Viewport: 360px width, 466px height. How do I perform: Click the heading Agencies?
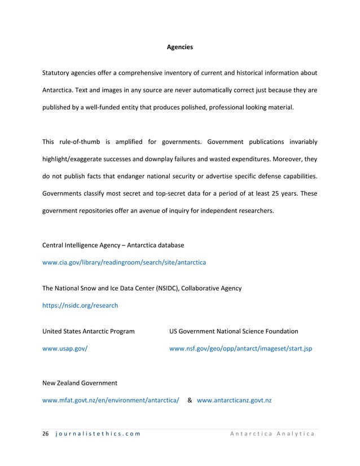coord(180,47)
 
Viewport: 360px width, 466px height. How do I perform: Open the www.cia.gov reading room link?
coord(124,263)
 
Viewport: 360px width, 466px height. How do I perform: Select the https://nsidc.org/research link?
coord(80,305)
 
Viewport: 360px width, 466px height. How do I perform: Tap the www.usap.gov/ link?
coord(65,349)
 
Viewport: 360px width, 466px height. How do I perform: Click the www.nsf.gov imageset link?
coord(240,349)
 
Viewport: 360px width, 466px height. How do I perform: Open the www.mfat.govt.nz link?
coord(111,401)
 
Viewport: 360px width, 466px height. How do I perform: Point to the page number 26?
coord(46,433)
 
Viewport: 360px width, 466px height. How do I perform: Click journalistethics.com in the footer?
coord(98,433)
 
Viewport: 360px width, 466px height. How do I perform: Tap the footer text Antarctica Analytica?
coord(273,433)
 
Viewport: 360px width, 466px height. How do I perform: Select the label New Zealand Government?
coord(80,383)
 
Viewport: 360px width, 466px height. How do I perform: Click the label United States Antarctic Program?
coord(89,331)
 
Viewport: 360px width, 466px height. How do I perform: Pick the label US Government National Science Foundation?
coord(234,331)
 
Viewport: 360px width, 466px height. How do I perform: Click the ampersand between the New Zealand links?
coord(190,401)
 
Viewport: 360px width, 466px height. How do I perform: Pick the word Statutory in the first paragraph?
coord(57,73)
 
